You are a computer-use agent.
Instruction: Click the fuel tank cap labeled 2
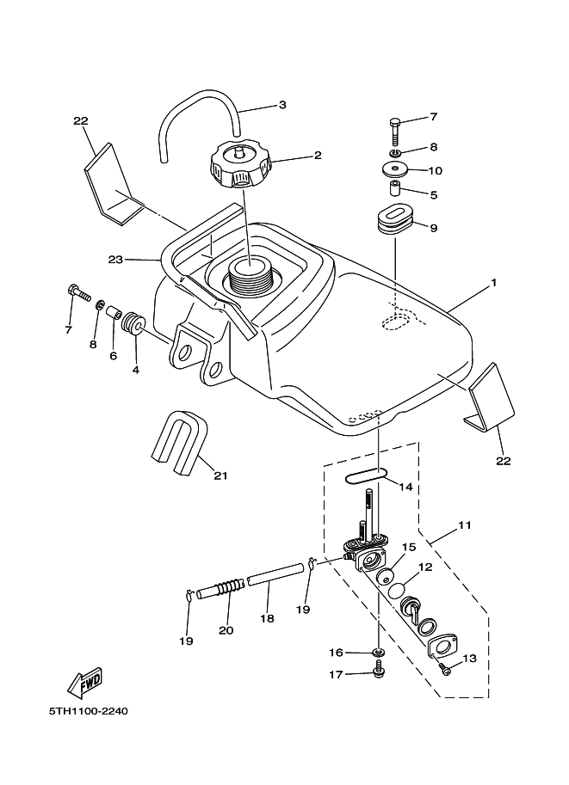pos(238,166)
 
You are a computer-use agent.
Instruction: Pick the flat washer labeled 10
pos(395,169)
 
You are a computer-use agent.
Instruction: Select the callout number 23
pos(116,258)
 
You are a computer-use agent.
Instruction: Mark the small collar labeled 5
pos(396,189)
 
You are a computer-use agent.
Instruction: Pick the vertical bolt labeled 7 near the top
pos(395,131)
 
